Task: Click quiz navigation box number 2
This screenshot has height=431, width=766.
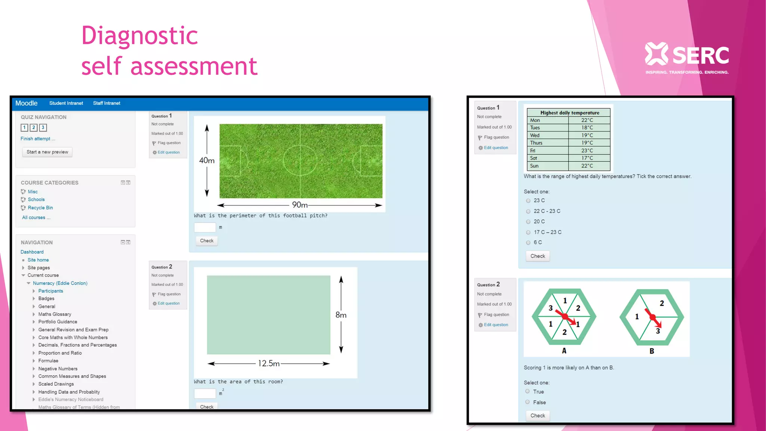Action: click(x=34, y=128)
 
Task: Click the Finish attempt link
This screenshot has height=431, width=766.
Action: click(x=37, y=139)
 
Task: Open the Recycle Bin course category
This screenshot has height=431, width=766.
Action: click(x=40, y=208)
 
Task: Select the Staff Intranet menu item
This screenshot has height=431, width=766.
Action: click(x=107, y=103)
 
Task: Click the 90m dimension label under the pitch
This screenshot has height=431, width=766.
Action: click(x=300, y=205)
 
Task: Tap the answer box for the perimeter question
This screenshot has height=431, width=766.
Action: click(x=205, y=227)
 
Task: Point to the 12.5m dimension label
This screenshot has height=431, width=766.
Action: click(x=269, y=363)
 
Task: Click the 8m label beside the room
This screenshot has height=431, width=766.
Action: click(x=341, y=315)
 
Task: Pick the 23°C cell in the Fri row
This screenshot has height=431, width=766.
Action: click(x=587, y=150)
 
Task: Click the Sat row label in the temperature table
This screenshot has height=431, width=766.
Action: click(x=534, y=158)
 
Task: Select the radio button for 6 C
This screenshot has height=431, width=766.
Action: click(x=528, y=242)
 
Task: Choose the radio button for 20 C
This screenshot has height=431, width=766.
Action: click(x=528, y=221)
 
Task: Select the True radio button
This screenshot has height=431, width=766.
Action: click(x=527, y=391)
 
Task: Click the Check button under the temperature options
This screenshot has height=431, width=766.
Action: click(x=537, y=256)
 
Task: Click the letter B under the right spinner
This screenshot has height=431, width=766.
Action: click(x=652, y=351)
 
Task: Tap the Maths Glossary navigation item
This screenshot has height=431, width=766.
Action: click(x=55, y=314)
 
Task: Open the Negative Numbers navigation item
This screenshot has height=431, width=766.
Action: click(x=58, y=369)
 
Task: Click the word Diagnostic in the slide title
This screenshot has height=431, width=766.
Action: click(x=140, y=36)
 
